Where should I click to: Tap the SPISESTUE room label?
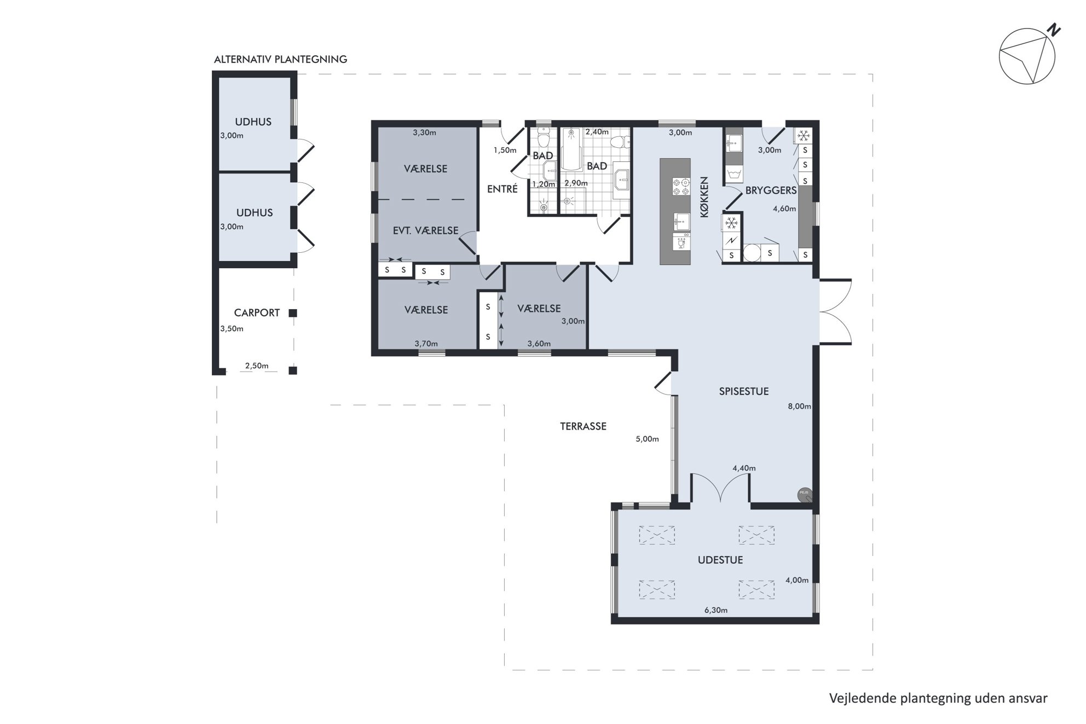tap(743, 391)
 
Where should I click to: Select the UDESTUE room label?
tap(720, 560)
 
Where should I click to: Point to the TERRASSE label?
tap(583, 426)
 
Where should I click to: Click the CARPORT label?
tap(257, 312)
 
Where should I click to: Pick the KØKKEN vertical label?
tap(704, 197)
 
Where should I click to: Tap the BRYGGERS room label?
tap(771, 190)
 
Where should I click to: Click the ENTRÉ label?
tap(502, 189)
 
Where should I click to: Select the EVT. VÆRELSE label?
tap(425, 230)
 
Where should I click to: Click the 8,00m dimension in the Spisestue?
tap(799, 406)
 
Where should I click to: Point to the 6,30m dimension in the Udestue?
tap(716, 610)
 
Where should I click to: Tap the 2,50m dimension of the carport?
tap(257, 366)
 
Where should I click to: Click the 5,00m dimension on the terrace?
tap(647, 439)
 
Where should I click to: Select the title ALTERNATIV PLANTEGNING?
tap(280, 59)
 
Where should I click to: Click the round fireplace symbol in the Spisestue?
tap(805, 495)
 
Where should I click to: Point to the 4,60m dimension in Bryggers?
tap(784, 208)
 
